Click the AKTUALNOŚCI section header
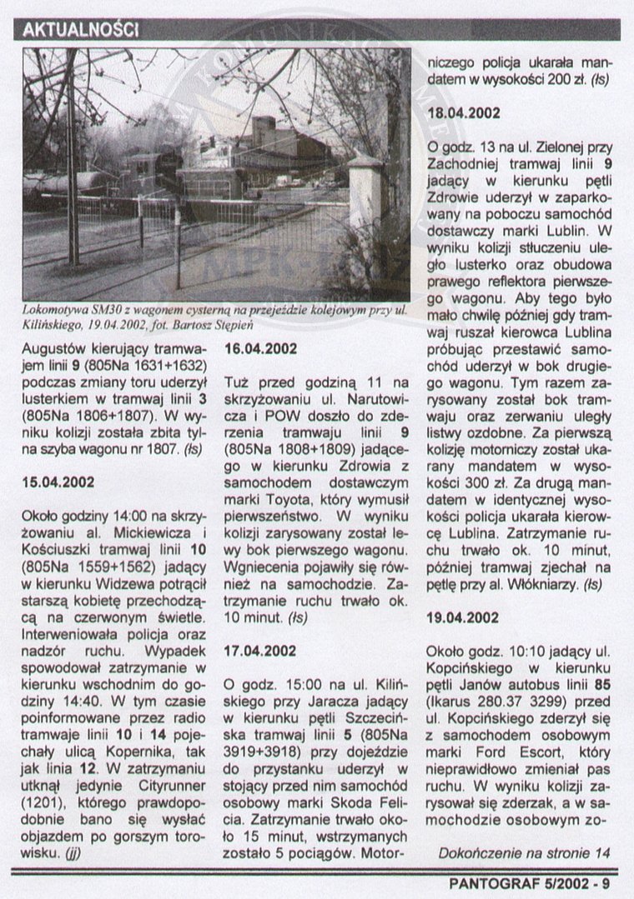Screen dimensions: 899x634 [81, 29]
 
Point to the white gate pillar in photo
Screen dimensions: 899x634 [365, 200]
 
